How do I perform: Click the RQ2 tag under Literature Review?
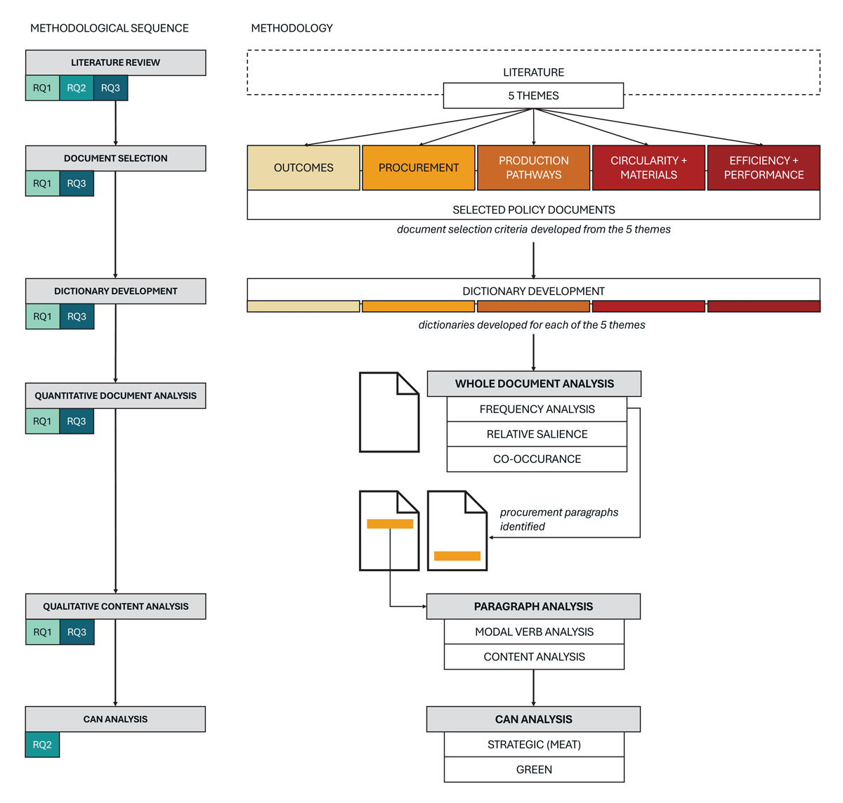click(x=77, y=88)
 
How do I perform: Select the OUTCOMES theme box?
click(x=303, y=167)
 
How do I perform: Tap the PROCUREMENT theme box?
click(x=418, y=167)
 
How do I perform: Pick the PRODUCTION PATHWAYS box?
click(x=533, y=167)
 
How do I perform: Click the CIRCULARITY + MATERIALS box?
click(x=648, y=167)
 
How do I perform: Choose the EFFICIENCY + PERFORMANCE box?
click(x=763, y=167)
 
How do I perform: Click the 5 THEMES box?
click(x=533, y=96)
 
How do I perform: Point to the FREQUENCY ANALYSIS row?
click(x=537, y=409)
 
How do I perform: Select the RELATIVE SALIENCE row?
click(x=537, y=433)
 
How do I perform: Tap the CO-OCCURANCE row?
click(x=537, y=459)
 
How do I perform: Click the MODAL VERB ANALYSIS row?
click(x=534, y=631)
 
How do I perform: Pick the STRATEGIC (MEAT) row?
click(x=534, y=744)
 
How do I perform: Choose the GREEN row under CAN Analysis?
click(x=534, y=769)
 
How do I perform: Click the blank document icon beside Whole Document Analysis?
click(x=389, y=412)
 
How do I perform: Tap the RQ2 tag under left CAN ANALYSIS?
click(x=42, y=744)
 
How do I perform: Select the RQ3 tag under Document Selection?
click(x=77, y=183)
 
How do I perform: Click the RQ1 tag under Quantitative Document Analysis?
click(x=42, y=421)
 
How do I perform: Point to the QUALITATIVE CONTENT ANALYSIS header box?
click(x=115, y=606)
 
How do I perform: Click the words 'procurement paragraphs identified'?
click(x=558, y=519)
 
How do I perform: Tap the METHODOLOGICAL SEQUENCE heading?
click(x=110, y=28)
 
